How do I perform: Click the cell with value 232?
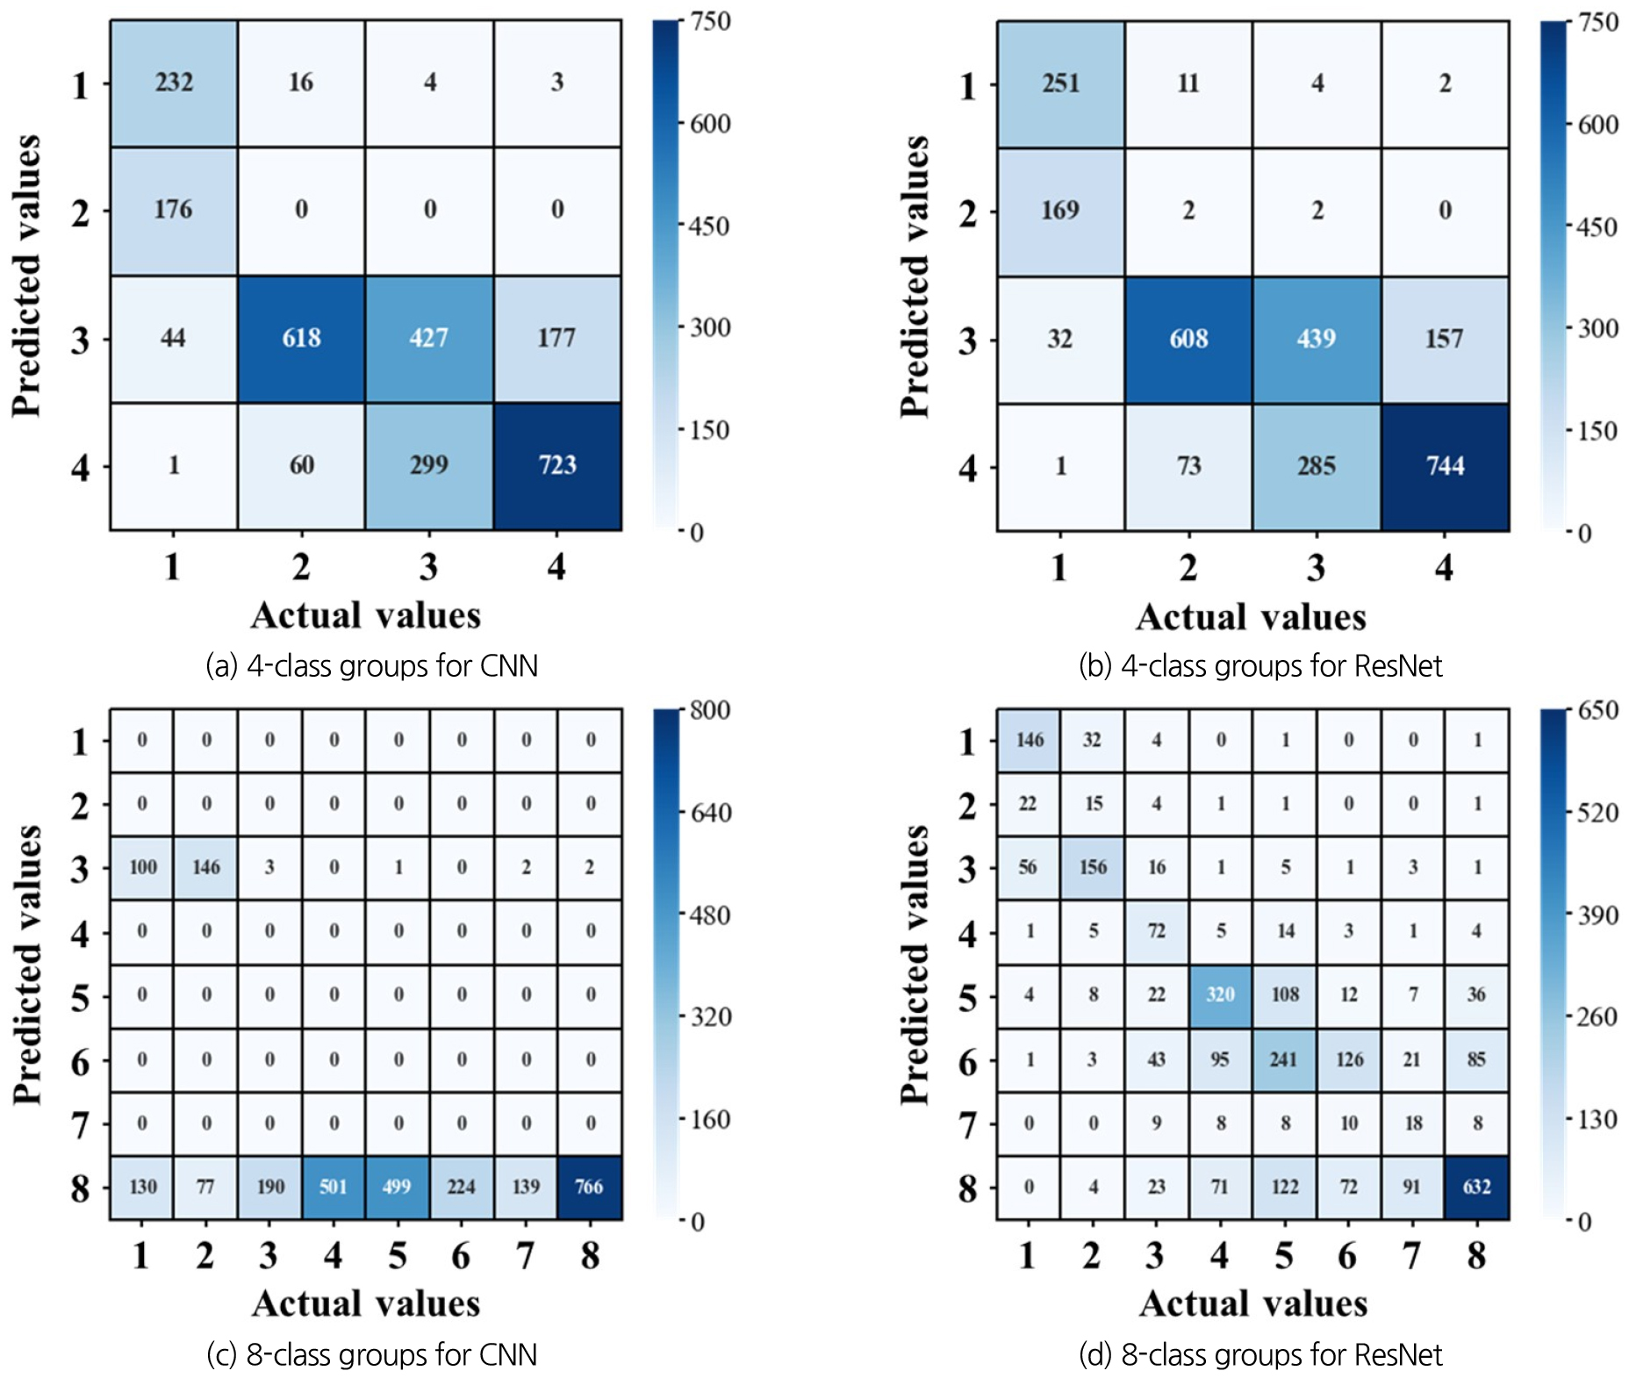174,83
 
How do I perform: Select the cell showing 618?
301,338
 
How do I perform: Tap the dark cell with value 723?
557,465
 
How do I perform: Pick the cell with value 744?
1445,466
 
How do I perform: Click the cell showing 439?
1317,339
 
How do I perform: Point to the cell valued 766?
589,1187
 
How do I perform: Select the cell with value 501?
334,1187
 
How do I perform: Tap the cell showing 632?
1476,1187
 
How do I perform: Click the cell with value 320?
1220,994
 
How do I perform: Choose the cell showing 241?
1284,1059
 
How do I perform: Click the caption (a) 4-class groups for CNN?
371,666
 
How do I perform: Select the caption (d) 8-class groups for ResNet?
1260,1355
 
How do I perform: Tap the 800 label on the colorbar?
710,710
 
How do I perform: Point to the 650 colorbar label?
1597,710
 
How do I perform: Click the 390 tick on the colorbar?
1597,915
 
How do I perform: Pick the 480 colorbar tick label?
710,915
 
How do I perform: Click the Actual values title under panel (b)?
1251,617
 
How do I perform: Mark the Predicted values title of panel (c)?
27,964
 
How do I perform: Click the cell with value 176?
174,210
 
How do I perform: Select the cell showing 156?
1093,867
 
